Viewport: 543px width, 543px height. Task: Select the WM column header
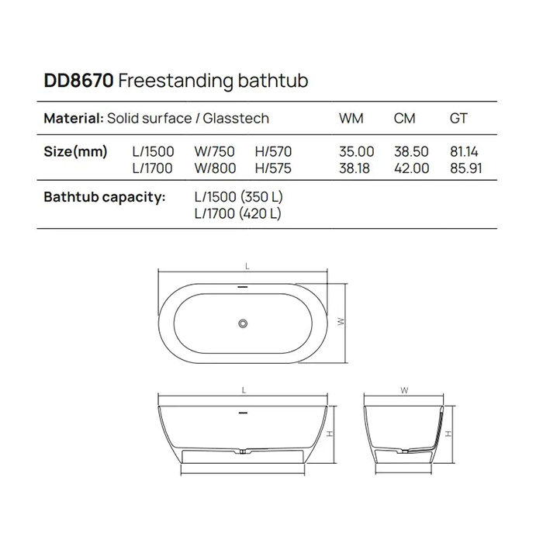click(351, 119)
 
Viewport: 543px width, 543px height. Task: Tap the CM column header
click(404, 119)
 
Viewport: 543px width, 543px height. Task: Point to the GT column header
click(458, 119)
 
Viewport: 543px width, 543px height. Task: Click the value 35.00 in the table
click(357, 152)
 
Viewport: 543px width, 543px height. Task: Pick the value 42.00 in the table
click(411, 168)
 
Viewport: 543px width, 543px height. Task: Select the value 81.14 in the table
click(465, 152)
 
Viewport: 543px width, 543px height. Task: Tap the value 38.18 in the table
click(357, 168)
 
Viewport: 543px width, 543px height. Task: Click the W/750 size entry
click(214, 152)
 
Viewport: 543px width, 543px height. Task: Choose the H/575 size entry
click(273, 168)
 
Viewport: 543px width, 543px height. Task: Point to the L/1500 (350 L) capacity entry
click(237, 198)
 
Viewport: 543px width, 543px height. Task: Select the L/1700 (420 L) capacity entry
click(237, 213)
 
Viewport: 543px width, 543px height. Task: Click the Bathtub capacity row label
click(105, 198)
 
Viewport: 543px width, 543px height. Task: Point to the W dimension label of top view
click(339, 320)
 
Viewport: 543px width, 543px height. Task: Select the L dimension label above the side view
click(244, 389)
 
